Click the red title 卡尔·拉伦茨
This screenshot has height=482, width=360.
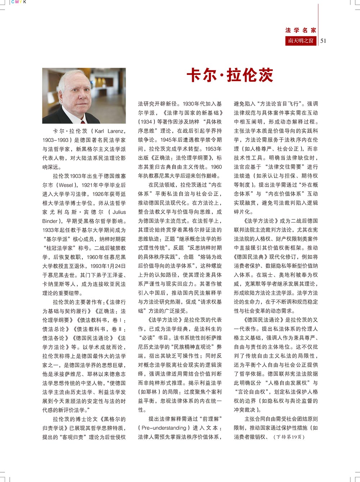point(230,75)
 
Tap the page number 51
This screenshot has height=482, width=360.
point(323,41)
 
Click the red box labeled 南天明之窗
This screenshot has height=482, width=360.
point(301,41)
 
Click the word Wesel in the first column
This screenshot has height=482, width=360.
point(66,185)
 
